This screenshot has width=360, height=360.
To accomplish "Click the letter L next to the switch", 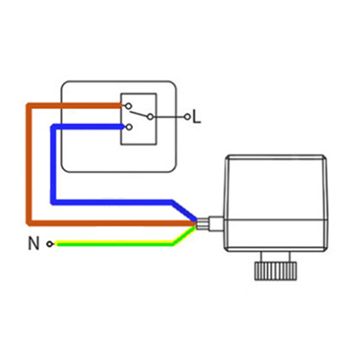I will (196, 117).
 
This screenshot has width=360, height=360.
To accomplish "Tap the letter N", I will (34, 244).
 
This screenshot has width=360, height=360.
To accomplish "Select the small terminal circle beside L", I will (187, 117).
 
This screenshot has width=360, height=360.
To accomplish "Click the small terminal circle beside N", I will (49, 244).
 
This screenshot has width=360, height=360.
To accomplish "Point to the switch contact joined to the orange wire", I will (129, 107).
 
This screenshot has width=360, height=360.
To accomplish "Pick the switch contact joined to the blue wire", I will (129, 127).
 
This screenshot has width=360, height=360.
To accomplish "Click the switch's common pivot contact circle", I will (150, 117).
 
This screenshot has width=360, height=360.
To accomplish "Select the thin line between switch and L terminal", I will (168, 117).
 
